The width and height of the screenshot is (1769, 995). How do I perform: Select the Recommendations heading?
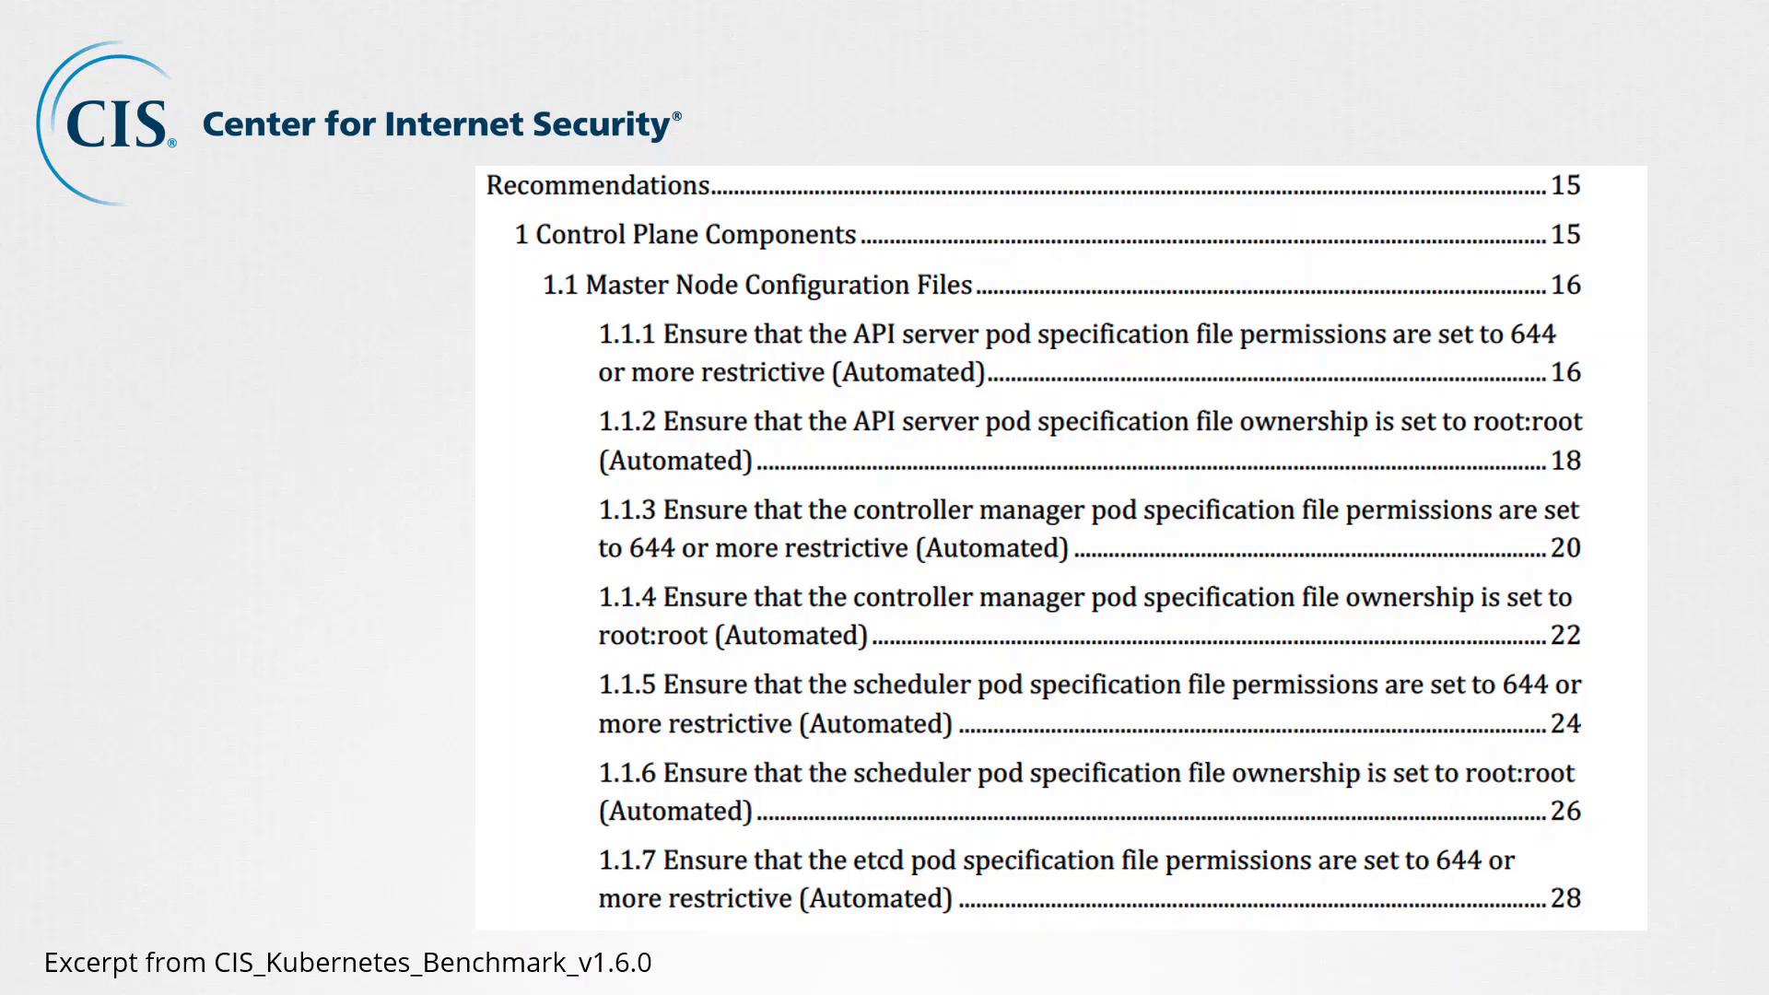(x=598, y=185)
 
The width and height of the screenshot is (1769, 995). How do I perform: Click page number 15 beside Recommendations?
(x=1565, y=185)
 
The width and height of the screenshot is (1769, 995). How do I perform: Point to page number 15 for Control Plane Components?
(x=1565, y=235)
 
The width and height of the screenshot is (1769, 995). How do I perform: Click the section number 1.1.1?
(x=627, y=334)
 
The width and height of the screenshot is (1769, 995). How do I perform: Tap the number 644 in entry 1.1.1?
(x=1532, y=334)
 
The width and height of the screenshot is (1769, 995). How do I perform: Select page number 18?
(x=1565, y=461)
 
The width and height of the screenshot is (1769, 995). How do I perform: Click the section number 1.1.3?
(x=627, y=509)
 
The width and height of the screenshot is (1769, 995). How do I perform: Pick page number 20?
(x=1565, y=548)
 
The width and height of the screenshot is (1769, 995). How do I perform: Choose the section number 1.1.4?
(x=627, y=597)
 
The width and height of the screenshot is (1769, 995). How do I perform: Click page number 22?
(x=1565, y=636)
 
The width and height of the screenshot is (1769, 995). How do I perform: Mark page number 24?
(x=1565, y=724)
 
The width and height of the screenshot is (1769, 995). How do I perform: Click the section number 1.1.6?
(x=627, y=773)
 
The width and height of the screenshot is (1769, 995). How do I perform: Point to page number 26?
(x=1565, y=812)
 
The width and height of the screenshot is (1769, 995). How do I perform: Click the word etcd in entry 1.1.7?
(x=878, y=860)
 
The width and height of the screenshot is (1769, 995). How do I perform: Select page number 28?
(x=1565, y=898)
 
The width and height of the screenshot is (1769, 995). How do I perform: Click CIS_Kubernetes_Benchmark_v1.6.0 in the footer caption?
(x=433, y=963)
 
